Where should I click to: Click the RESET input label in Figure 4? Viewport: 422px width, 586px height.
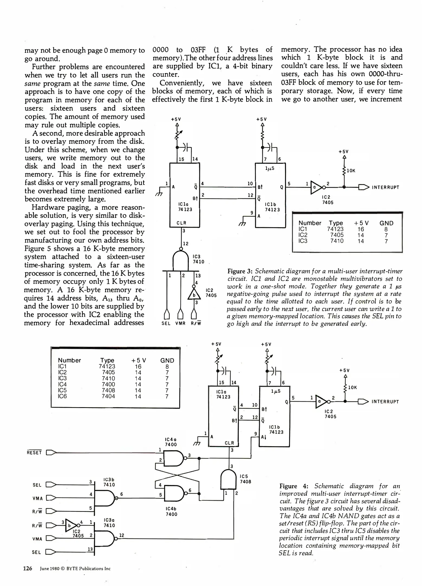[x=34, y=453]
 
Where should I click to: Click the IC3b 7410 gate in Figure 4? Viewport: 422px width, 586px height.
[x=104, y=498]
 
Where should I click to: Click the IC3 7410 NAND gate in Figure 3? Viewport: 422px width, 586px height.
[x=181, y=261]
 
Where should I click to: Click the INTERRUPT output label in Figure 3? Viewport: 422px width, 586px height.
[x=385, y=187]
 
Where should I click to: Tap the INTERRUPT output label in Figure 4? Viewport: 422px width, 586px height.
[x=385, y=402]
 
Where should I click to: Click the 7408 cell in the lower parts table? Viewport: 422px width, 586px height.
[x=108, y=390]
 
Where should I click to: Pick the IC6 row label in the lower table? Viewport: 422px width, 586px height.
[x=62, y=396]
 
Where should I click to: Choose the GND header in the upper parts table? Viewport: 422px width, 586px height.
[x=386, y=223]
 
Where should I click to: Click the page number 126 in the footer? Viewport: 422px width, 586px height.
[x=28, y=568]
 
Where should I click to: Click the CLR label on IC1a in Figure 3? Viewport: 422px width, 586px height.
[x=181, y=223]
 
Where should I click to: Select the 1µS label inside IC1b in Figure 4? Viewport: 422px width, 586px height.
[x=276, y=391]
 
